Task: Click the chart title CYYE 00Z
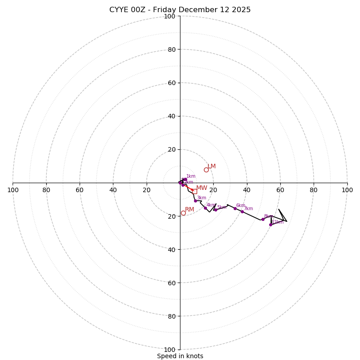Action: [180, 10]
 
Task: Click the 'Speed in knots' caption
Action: [180, 356]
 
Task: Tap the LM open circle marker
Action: [206, 170]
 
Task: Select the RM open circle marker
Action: [183, 213]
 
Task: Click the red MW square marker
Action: [194, 191]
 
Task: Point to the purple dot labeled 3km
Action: [195, 201]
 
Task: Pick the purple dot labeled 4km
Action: [205, 208]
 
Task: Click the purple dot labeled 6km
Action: [235, 208]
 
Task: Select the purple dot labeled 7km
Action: [242, 211]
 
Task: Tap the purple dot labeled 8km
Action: [263, 219]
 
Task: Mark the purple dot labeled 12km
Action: [270, 225]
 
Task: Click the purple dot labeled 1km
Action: [185, 179]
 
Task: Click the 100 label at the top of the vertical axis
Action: [170, 16]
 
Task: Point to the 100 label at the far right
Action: [347, 190]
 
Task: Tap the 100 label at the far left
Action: [13, 190]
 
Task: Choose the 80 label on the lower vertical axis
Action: [171, 316]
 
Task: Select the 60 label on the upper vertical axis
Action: [171, 83]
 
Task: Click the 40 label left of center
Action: [113, 190]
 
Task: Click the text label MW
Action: [202, 188]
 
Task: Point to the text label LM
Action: [211, 166]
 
